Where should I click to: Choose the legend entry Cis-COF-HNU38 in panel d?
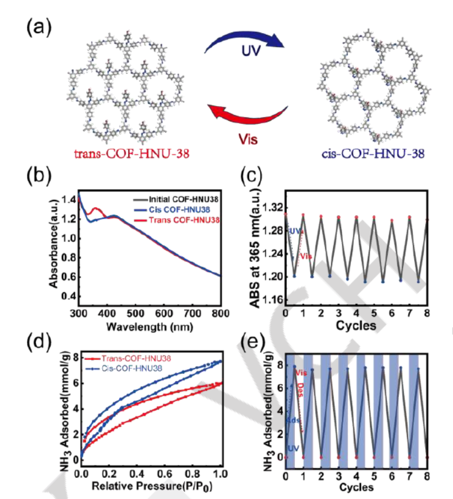(142, 367)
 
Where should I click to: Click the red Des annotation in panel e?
(300, 389)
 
